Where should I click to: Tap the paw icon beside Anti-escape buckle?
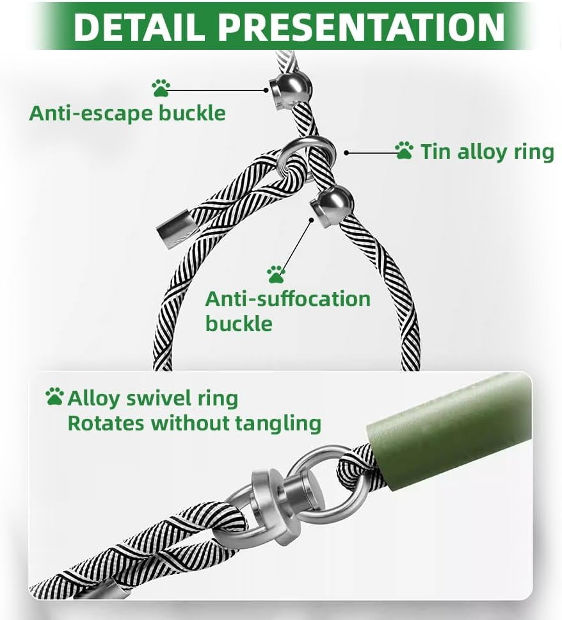[161, 88]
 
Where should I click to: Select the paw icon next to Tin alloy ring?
[405, 151]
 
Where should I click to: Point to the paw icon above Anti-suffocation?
[276, 274]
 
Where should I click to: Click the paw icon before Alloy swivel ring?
[54, 396]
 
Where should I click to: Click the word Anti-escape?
[91, 113]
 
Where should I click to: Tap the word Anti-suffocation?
[287, 299]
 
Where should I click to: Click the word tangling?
[278, 424]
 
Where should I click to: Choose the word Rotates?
[106, 423]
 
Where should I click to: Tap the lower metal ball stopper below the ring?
[332, 207]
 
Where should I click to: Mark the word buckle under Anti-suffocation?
[239, 323]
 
